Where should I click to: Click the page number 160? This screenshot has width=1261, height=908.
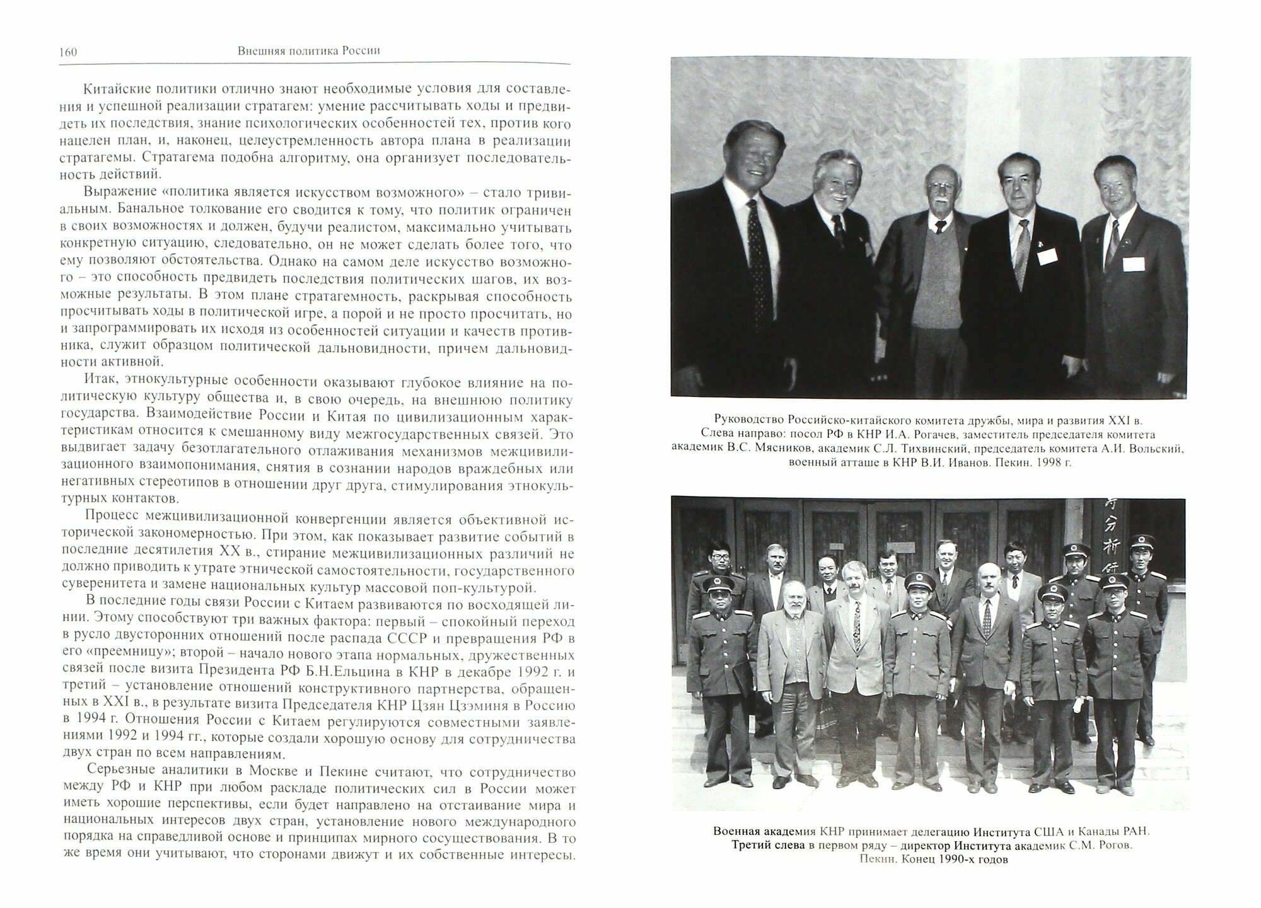click(67, 52)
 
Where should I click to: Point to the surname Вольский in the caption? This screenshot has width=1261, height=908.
click(1161, 449)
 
